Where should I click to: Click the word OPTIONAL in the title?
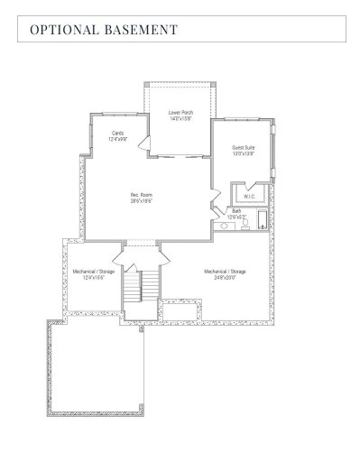pos(63,30)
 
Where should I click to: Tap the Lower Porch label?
pos(180,113)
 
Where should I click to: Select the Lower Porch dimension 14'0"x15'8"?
pos(180,119)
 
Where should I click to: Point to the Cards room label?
pos(117,134)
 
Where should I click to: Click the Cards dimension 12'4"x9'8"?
pos(117,140)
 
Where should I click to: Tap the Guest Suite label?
pos(244,147)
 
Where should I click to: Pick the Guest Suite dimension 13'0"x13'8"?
pos(244,153)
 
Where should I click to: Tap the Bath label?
pos(236,211)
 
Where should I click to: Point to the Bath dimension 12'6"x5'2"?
pos(236,217)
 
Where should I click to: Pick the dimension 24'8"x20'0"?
pos(225,277)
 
